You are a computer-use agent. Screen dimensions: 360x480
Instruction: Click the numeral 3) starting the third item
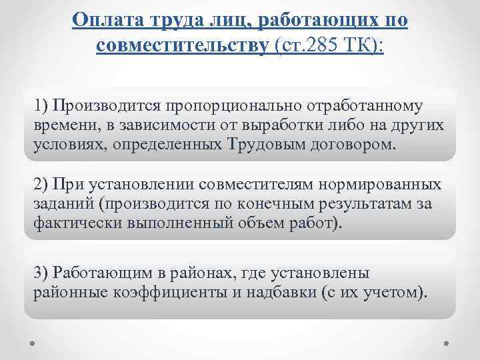[41, 273]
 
